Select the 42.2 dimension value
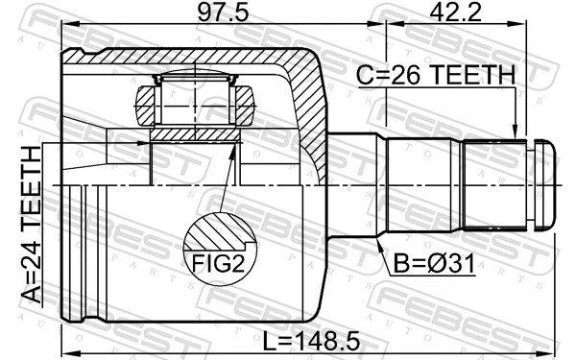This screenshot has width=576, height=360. pos(456,13)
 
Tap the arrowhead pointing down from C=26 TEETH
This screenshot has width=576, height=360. pos(516,133)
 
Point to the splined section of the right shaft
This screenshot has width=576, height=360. pos(495,183)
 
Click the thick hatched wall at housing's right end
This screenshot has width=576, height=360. pos(312,106)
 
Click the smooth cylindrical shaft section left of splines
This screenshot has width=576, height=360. pos(422,183)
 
